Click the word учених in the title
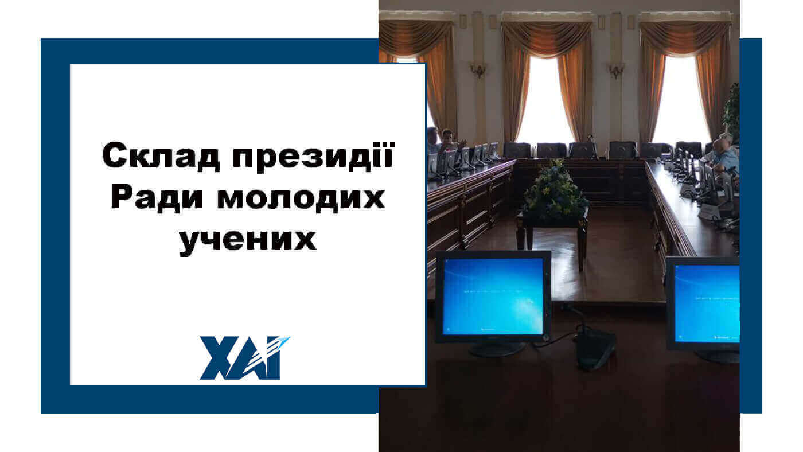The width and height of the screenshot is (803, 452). point(248,239)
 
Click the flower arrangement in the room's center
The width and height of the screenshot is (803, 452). point(554,189)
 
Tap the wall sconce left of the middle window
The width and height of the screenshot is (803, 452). point(478,70)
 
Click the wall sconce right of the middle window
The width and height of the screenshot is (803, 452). point(616,71)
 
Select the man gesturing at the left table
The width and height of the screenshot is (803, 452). point(450,140)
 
